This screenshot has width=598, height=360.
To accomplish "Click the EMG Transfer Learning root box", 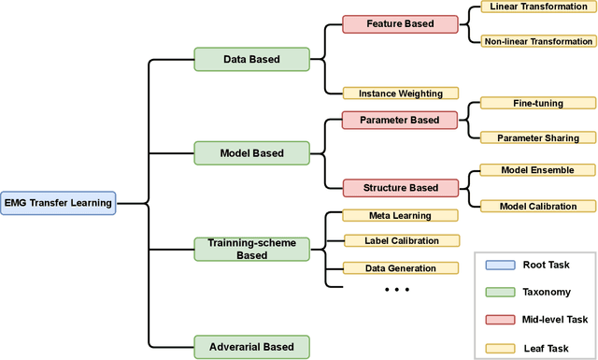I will (x=58, y=202).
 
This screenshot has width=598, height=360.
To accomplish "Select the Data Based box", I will (x=251, y=59).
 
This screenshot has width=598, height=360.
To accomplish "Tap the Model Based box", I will (x=251, y=153).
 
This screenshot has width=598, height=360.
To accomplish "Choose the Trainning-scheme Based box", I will (x=251, y=249).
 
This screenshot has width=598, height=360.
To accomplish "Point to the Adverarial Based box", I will (x=251, y=347).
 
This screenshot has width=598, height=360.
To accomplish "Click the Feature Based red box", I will (x=400, y=23).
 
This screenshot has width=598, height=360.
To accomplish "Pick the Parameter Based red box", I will (x=400, y=120).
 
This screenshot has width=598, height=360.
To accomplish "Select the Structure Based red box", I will (x=400, y=188).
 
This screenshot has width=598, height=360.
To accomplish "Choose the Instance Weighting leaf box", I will (x=400, y=94).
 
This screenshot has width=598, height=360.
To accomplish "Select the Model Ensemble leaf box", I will (x=537, y=170).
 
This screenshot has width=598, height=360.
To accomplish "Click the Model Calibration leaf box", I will (x=537, y=205).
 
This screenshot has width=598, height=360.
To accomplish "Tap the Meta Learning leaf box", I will (x=400, y=216).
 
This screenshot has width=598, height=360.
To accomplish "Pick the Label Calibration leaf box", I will (x=400, y=241).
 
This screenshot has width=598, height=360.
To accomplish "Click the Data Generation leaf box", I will (x=400, y=268).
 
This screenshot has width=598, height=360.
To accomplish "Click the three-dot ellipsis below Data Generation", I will (x=397, y=291).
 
